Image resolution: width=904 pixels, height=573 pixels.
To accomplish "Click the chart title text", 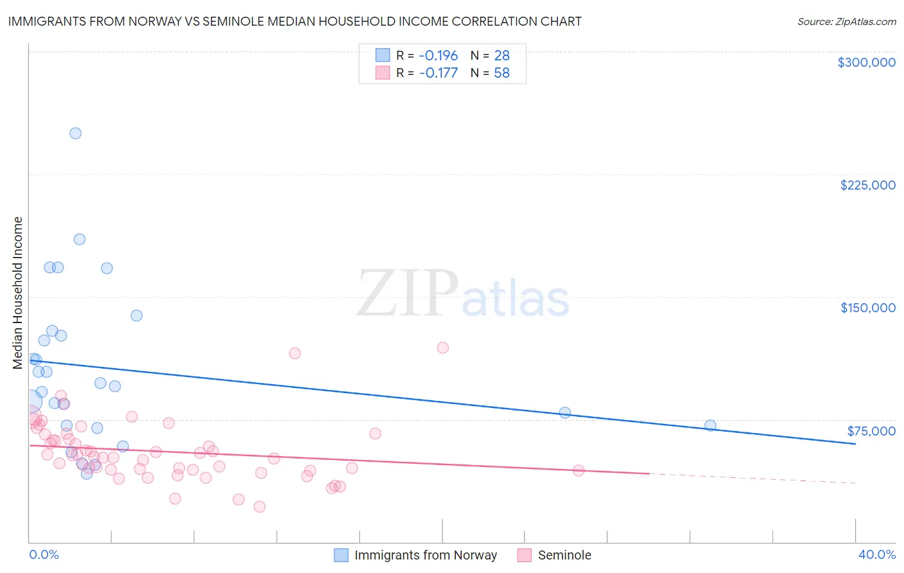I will pos(294,21).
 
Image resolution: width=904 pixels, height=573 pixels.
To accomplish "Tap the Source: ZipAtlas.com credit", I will pos(846,21).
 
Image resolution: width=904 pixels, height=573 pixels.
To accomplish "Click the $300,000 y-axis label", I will pos(866,62).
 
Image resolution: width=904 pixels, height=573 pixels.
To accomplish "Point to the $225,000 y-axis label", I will pos(867,185).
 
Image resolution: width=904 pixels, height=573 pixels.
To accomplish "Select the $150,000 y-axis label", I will pos(867,308).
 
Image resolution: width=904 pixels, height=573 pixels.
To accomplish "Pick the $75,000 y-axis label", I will pos(871,431).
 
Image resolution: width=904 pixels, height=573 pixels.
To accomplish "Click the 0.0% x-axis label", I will pos(44,554).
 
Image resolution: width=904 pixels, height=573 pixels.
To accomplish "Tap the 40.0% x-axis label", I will pos(876,554).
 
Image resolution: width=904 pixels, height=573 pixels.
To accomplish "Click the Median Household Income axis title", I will pos(17,293).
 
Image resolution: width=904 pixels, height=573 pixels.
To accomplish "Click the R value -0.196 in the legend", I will pos(438,55).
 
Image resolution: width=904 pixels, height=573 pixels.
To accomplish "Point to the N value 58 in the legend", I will pos(502,73).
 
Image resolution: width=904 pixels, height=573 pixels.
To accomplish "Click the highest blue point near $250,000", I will pos(75,134).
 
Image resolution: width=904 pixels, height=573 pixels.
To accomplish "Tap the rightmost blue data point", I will pos(710,425).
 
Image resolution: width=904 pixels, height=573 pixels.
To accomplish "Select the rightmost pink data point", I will pos(578,470).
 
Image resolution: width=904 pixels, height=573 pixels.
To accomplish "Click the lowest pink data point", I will pos(259,506).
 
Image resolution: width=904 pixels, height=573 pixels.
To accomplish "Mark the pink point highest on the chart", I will pos(442,348).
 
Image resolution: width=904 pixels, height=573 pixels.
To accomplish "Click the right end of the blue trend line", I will pos(855,444).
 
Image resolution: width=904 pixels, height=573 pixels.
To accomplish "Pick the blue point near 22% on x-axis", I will pos(565,412).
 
